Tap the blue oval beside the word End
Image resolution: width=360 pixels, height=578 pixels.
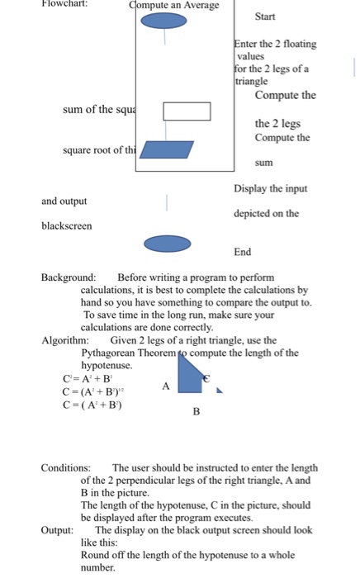(x=168, y=244)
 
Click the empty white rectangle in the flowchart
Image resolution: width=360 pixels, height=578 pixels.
(x=186, y=110)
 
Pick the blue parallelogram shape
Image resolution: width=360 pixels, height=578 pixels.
(x=168, y=149)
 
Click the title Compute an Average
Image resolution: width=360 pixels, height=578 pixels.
(x=174, y=6)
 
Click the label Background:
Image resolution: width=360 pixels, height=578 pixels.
(x=69, y=278)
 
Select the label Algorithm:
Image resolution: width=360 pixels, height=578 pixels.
(x=64, y=340)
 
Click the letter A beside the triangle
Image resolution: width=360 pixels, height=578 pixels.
(x=165, y=386)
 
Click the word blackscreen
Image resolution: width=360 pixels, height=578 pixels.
(x=67, y=225)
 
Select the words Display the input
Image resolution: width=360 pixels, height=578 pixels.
(x=271, y=188)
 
